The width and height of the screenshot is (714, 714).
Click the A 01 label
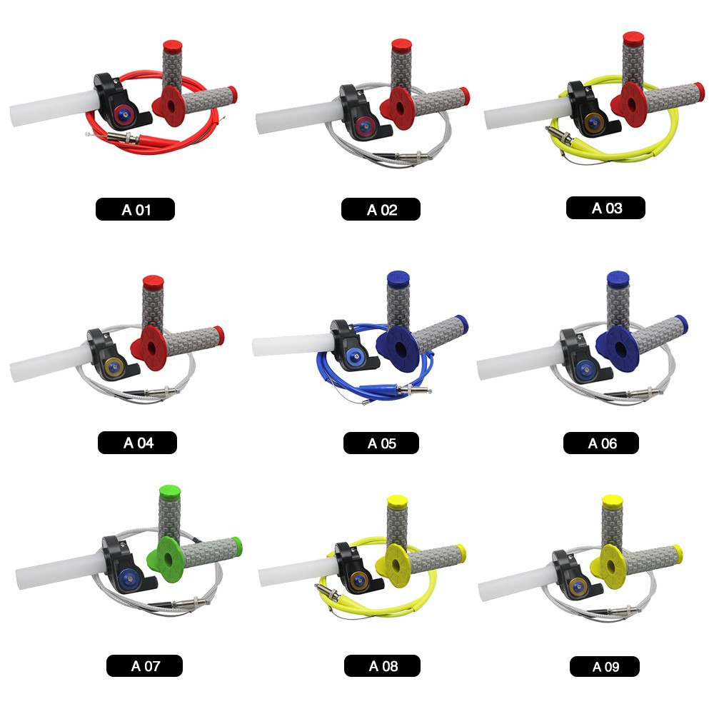135,209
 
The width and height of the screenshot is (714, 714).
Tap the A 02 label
381,209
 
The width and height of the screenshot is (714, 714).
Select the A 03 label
605,208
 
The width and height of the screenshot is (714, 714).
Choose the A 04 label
138,443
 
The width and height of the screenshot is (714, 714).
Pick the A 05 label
381,443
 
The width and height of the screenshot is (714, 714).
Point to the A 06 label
601,443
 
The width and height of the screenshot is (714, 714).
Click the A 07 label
144,665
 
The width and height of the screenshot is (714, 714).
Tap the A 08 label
382,665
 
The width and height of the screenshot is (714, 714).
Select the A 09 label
605,667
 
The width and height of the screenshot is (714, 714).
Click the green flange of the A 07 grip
165,559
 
